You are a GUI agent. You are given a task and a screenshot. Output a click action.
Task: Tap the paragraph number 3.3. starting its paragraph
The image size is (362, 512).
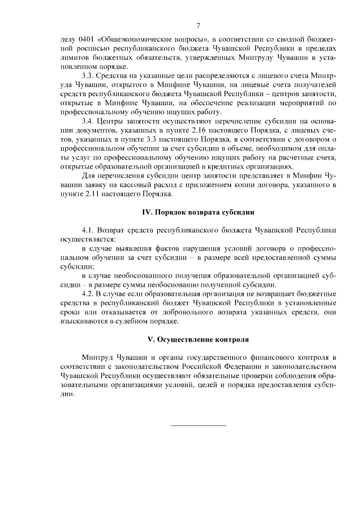tap(89, 76)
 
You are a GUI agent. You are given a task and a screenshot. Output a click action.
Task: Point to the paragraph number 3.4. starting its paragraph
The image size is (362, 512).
tap(89, 122)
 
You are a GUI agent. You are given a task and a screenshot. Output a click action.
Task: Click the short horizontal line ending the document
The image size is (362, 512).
tap(198, 425)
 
